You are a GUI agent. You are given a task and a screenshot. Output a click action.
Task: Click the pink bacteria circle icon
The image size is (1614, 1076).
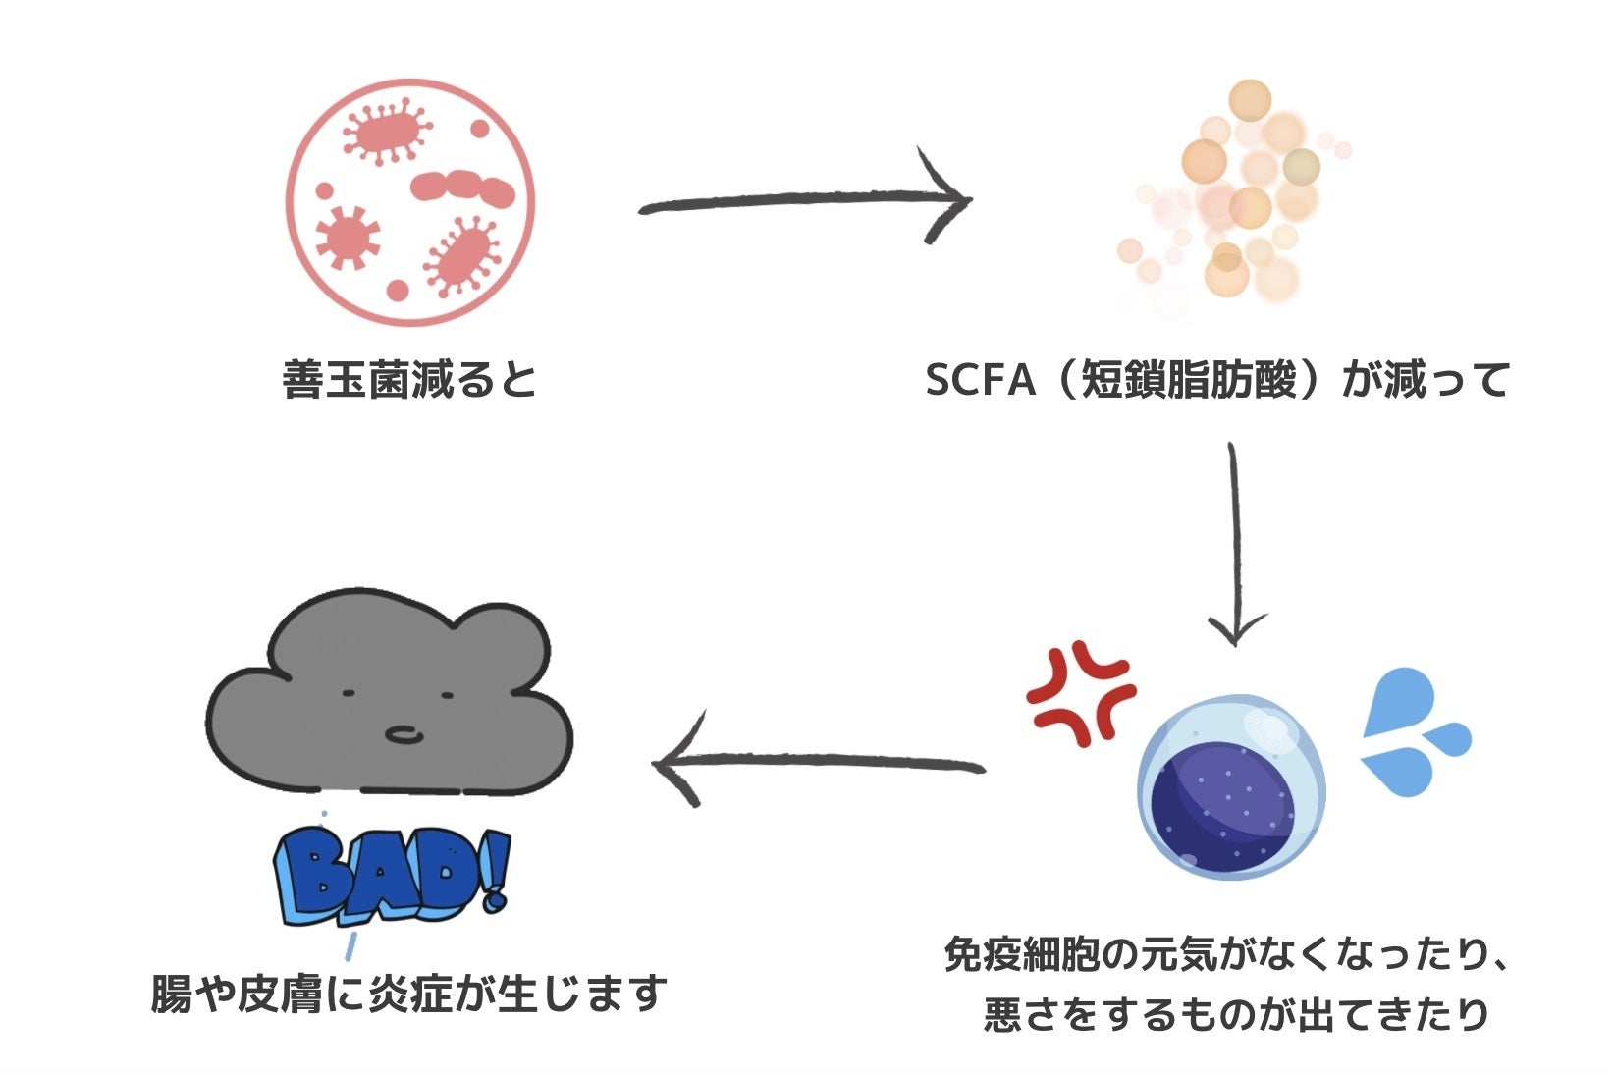411,202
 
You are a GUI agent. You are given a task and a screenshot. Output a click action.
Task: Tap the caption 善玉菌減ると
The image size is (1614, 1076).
410,380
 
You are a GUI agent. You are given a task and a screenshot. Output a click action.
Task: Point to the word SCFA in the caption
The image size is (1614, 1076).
980,380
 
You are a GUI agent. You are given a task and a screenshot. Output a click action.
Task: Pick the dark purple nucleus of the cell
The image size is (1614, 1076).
1222,800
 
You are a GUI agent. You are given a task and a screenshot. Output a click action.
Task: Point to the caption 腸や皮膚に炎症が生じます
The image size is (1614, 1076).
409,994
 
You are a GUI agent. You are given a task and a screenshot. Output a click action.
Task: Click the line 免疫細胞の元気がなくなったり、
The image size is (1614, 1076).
1226,954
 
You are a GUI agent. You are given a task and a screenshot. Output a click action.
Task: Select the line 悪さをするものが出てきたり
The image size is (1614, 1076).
1236,1013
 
